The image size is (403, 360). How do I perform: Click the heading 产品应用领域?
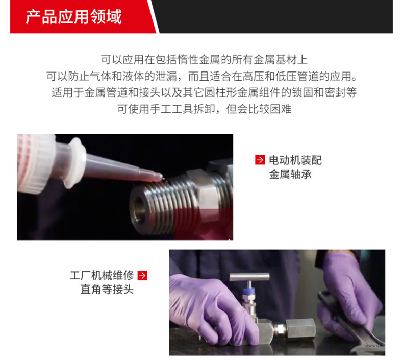(74, 17)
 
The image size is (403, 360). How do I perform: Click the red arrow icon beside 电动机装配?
(260, 160)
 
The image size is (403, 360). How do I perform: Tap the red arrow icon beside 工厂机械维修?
(142, 275)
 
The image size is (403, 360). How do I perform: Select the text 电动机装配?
(295, 160)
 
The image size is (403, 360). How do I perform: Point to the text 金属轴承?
(290, 174)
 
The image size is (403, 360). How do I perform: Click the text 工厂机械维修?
(102, 275)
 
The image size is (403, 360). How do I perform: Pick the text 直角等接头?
(107, 289)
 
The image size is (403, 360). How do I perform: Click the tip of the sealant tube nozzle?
(161, 177)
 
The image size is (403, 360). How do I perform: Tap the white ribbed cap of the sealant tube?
(36, 163)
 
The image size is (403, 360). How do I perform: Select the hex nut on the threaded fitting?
(208, 196)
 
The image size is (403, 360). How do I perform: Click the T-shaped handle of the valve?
(249, 277)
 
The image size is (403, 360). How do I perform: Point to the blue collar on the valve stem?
(249, 291)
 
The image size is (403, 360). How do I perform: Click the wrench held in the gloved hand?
(349, 322)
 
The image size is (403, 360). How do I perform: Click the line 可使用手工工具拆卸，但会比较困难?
(205, 109)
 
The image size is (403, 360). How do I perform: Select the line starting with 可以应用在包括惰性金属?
(205, 59)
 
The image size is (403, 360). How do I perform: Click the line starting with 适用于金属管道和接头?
(205, 92)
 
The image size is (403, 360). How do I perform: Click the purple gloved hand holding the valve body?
(213, 309)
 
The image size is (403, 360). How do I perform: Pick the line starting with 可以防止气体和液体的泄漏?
(202, 76)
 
